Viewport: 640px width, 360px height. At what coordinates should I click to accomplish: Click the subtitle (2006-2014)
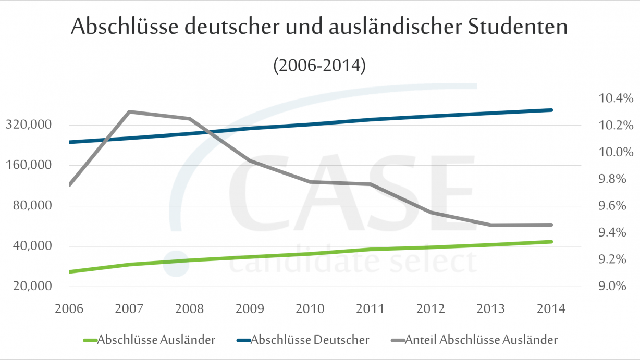[319, 66]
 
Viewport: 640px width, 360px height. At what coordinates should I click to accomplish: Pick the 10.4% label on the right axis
[616, 98]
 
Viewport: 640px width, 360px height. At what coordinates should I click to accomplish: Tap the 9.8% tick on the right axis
[616, 179]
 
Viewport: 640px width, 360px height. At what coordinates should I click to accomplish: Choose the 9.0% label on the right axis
[616, 287]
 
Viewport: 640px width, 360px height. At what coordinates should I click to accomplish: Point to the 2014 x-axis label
[551, 309]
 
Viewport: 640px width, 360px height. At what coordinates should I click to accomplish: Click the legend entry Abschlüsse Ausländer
[156, 340]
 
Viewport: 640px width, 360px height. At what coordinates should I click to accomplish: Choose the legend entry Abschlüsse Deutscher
[310, 340]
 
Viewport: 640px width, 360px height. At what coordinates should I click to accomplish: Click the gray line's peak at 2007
[129, 111]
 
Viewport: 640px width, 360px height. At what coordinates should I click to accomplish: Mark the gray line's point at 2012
[430, 213]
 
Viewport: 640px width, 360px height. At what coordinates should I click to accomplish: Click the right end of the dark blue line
[551, 110]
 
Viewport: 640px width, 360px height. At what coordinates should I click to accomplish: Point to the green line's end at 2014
[551, 242]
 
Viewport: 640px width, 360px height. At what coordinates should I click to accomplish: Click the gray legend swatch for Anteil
[399, 341]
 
